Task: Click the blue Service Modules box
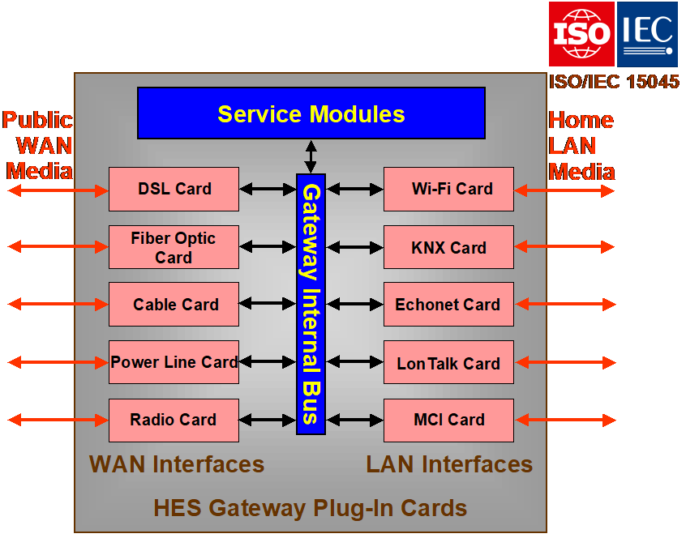pos(311,113)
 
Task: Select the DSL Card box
pos(174,189)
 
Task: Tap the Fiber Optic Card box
pos(174,247)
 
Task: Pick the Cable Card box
pos(174,305)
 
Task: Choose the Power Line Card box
pos(174,362)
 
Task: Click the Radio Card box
pos(174,420)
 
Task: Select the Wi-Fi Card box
pos(448,189)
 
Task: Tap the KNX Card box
pos(448,247)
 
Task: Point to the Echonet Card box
pos(448,305)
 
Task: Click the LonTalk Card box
pos(448,364)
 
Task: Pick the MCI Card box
pos(448,420)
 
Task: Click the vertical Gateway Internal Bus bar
pos(311,304)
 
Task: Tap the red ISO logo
pos(581,33)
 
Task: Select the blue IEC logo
pos(647,33)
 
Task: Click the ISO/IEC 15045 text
pos(614,82)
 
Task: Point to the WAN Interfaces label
pos(177,464)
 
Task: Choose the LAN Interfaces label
pos(449,464)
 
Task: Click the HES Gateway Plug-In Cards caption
pos(311,508)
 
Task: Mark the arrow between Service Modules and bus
pos(311,156)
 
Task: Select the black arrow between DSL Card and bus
pos(268,190)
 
